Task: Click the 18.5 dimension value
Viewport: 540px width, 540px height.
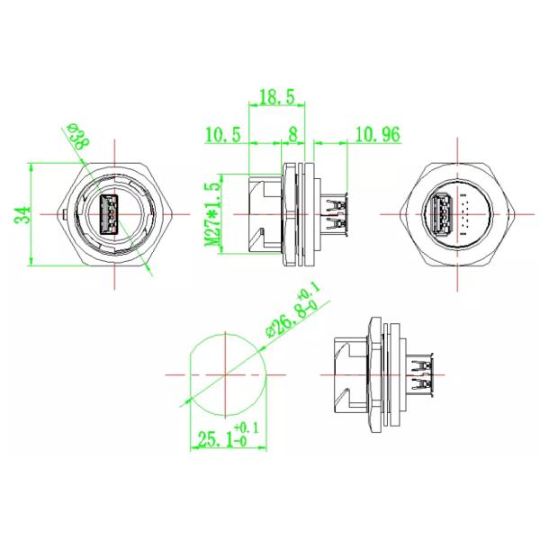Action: point(277,97)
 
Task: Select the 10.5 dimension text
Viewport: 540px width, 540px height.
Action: point(222,134)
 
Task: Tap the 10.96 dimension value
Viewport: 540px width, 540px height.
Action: point(377,134)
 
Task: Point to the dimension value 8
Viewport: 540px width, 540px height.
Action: point(292,134)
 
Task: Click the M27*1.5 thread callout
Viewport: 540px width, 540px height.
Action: point(211,214)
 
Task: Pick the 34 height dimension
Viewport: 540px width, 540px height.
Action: point(22,215)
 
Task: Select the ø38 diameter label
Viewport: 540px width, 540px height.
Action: point(79,136)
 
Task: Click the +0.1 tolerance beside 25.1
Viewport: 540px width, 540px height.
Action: point(246,428)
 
